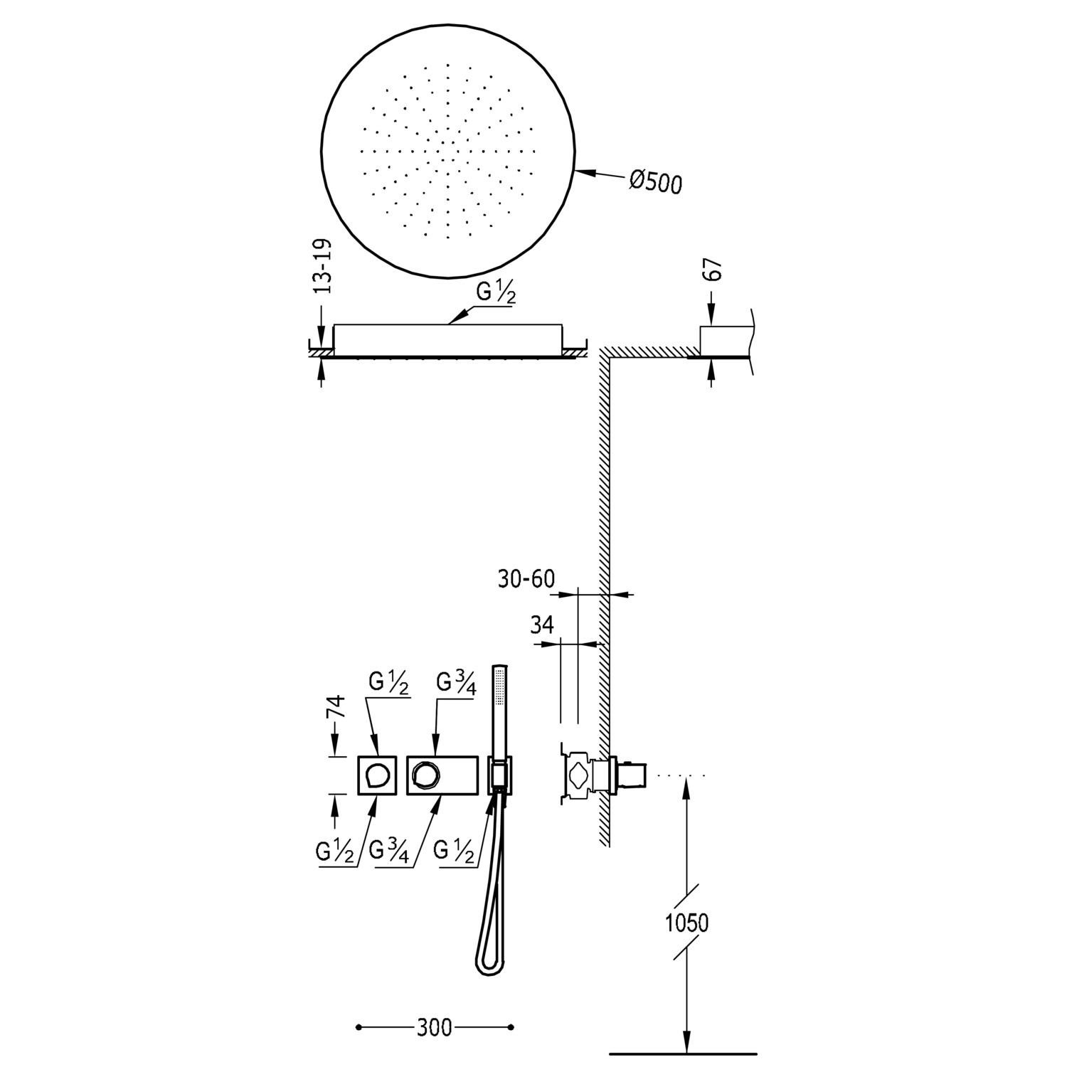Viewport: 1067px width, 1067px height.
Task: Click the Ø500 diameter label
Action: point(655,182)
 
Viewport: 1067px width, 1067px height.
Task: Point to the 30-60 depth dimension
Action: point(526,579)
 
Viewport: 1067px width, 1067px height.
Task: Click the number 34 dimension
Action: point(542,625)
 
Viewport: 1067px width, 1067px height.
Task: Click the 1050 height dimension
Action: point(686,923)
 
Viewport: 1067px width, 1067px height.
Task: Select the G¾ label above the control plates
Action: point(455,682)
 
